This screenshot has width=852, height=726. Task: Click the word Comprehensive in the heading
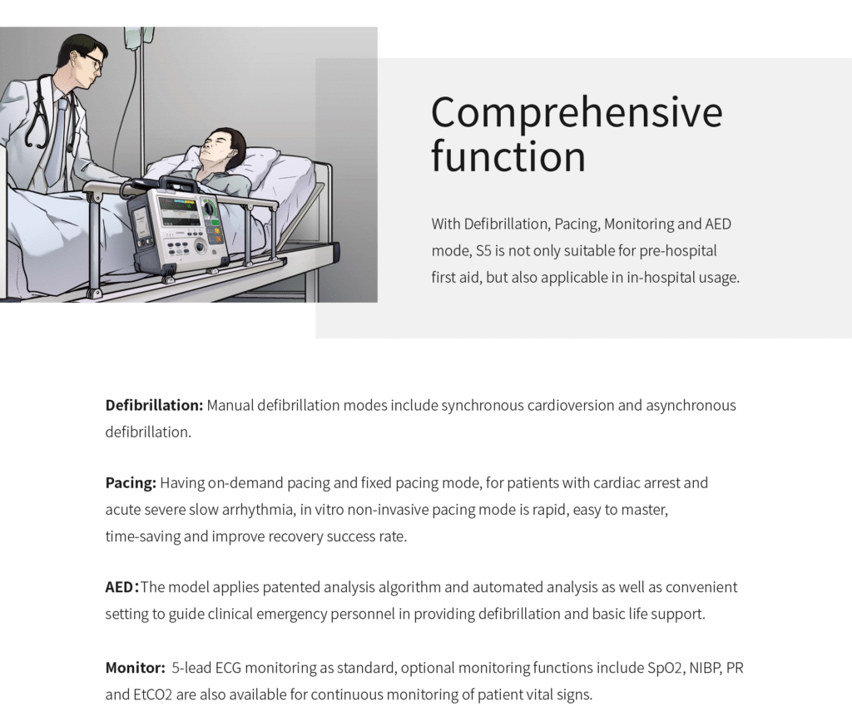(577, 112)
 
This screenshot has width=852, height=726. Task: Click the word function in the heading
(508, 156)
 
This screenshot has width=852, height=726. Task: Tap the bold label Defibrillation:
(154, 405)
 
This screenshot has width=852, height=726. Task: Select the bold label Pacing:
(131, 482)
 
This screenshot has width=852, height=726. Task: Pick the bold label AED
(120, 587)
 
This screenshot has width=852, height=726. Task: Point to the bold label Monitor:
(136, 667)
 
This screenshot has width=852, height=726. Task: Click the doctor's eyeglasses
(93, 62)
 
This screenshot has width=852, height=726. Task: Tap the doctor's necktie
(57, 141)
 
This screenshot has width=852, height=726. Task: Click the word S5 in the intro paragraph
(483, 251)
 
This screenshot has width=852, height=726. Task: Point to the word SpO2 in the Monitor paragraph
(665, 668)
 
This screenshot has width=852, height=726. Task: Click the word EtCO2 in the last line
(153, 694)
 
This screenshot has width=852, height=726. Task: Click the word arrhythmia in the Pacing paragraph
(258, 510)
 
